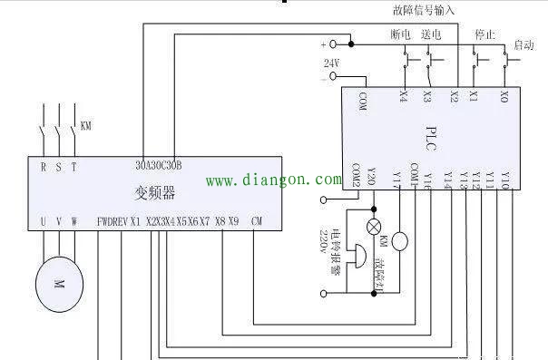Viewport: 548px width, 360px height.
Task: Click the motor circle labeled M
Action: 58,284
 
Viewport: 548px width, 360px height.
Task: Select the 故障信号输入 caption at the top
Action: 424,10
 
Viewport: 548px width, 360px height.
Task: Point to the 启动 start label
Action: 524,44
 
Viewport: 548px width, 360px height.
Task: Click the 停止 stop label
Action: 484,34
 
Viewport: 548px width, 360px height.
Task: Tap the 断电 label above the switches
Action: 401,34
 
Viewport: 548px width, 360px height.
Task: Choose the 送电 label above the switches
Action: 431,34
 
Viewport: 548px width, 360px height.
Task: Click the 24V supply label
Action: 331,63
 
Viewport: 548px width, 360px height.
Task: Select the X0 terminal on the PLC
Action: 504,95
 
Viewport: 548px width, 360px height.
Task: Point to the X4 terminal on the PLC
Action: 403,95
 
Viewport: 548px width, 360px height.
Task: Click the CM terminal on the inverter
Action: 257,221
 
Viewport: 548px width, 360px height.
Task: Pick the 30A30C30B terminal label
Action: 159,166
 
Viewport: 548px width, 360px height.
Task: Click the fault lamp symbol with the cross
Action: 371,226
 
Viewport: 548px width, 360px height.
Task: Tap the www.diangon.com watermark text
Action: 269,180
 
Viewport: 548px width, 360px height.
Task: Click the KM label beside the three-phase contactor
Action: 86,125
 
